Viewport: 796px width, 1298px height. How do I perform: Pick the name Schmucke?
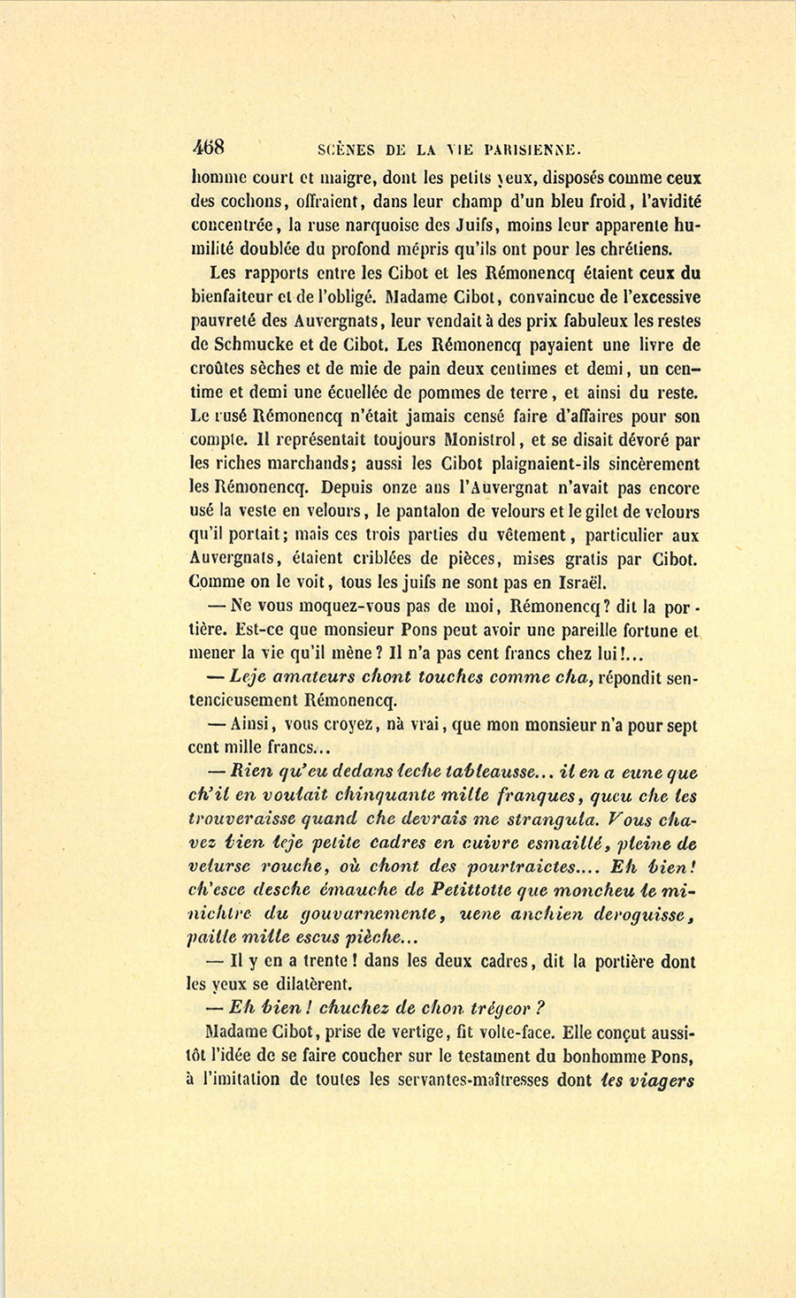click(x=256, y=345)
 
